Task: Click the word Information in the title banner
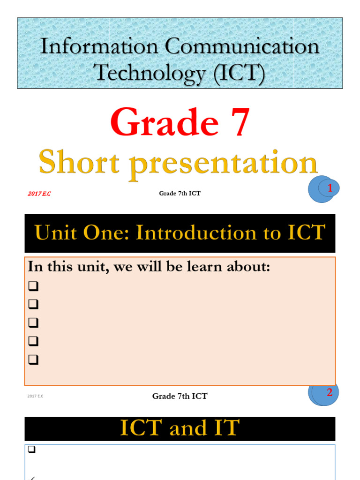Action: click(99, 47)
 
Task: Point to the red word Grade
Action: click(165, 122)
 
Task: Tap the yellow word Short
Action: click(83, 164)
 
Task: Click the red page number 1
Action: click(330, 188)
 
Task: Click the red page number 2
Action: click(330, 393)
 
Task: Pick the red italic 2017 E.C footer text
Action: click(39, 194)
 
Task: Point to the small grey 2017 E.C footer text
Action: click(35, 397)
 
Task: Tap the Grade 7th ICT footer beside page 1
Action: click(180, 194)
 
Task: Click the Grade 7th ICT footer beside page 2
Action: click(180, 396)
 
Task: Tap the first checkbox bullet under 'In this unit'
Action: click(33, 286)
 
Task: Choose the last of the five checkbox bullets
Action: click(33, 360)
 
